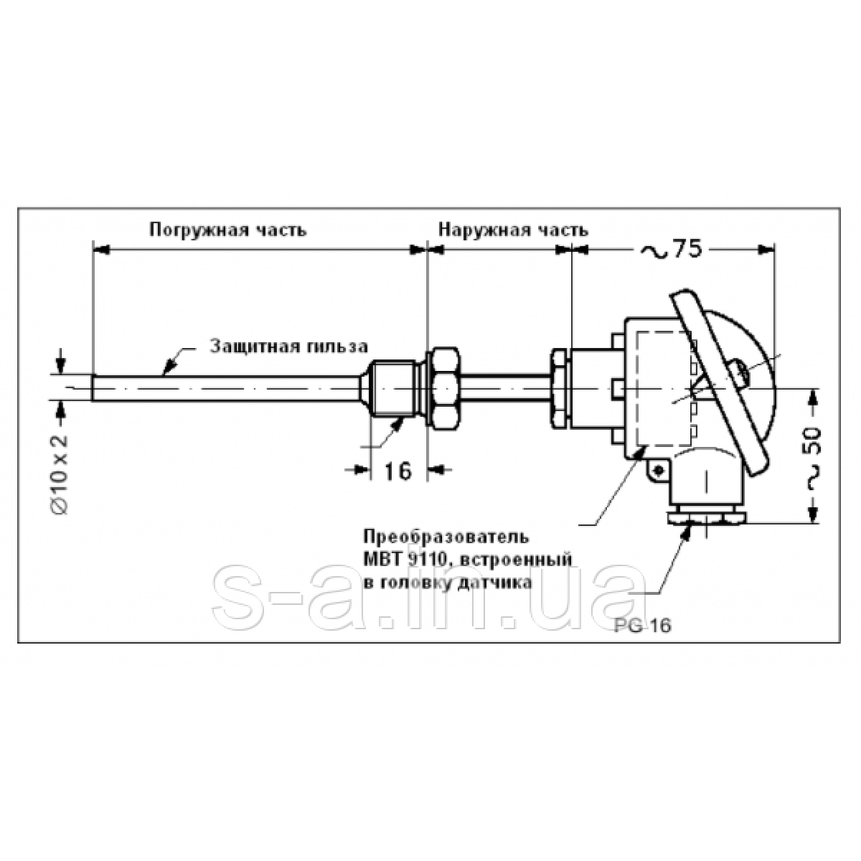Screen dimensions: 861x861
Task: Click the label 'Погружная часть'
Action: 228,230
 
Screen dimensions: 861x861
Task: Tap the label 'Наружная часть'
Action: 514,230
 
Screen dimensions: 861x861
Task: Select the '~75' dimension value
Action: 672,250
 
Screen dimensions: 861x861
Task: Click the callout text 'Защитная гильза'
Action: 289,347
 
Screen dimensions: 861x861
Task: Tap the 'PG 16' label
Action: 643,626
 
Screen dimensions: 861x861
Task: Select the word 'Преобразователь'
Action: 447,536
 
